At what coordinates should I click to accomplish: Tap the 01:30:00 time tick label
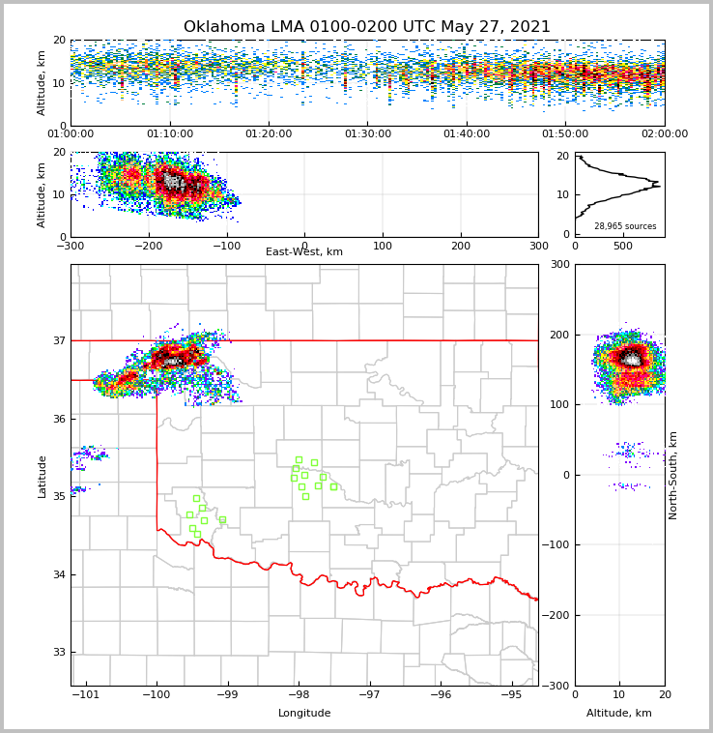pos(367,134)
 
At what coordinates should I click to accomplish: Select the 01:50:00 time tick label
pos(565,134)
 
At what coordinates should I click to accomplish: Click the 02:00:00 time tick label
pos(664,134)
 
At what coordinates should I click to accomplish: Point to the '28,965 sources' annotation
pos(625,226)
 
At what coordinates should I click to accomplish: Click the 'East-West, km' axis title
pos(304,252)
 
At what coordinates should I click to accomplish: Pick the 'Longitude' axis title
pos(304,714)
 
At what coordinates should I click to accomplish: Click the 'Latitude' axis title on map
pos(43,476)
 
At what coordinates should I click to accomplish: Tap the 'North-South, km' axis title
pos(673,475)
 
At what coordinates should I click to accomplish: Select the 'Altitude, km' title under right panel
pos(619,714)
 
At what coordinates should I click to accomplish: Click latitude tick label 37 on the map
pos(58,340)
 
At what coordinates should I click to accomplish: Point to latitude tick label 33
pos(58,653)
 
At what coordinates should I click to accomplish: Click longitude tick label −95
pos(511,695)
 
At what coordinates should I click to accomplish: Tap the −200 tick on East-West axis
pos(148,246)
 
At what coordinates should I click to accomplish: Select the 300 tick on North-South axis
pos(559,264)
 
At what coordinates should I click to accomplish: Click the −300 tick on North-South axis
pos(556,686)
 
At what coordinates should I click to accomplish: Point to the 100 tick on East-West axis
pos(383,246)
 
